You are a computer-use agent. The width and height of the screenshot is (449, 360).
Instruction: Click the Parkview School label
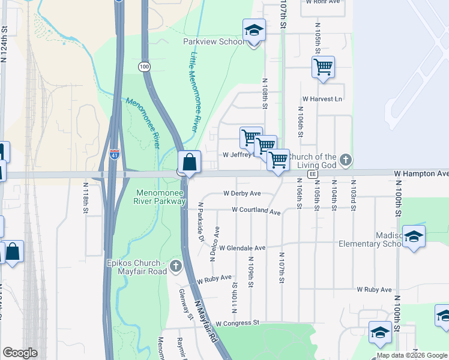click(214, 42)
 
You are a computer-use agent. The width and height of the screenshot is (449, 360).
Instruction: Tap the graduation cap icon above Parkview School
click(254, 30)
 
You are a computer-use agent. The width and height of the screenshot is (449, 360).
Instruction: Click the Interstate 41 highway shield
click(115, 155)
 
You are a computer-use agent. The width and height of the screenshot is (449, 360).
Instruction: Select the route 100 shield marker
click(144, 66)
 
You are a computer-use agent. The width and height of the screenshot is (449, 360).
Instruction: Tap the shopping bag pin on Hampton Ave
click(189, 162)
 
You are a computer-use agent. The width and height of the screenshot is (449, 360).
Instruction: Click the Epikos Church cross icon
click(175, 265)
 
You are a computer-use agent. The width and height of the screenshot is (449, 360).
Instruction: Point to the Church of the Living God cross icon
click(345, 160)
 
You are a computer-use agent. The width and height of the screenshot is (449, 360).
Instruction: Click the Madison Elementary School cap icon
click(414, 237)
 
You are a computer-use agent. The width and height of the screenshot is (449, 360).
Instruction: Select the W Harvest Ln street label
click(322, 98)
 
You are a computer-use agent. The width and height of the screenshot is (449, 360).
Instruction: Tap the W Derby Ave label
click(242, 193)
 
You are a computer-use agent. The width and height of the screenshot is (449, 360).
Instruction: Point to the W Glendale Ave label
click(242, 248)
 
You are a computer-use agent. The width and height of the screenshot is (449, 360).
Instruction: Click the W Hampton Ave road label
click(421, 173)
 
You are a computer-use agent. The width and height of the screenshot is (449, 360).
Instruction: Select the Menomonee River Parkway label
click(161, 197)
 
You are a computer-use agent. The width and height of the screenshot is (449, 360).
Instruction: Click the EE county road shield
click(312, 174)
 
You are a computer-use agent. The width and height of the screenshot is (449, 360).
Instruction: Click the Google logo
click(20, 353)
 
